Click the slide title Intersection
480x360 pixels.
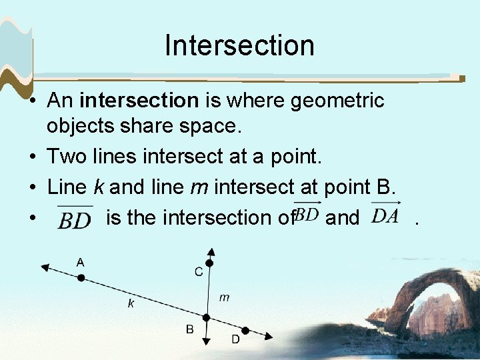click(239, 45)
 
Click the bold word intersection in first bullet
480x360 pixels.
click(139, 101)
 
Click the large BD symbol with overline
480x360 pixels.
click(74, 219)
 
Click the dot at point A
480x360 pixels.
click(81, 277)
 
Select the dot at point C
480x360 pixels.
click(209, 263)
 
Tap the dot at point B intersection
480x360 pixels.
click(206, 317)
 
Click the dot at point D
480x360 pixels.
click(245, 331)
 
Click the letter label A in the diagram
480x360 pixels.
click(80, 263)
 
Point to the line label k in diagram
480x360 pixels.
click(131, 304)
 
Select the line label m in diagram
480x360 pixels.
click(224, 297)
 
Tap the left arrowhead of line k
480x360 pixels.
click(45, 267)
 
